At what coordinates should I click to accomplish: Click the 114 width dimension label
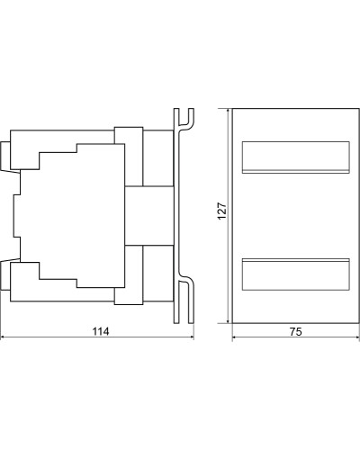point(101,331)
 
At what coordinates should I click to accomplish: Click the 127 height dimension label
point(222,211)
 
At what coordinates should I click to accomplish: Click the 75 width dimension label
point(296,332)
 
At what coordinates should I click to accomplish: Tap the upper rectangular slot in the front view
point(296,157)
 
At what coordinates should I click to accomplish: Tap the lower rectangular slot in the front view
point(296,274)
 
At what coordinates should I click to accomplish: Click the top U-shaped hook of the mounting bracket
point(184,120)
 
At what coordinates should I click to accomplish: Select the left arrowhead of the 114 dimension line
point(3,337)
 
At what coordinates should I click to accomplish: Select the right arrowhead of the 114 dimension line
point(192,337)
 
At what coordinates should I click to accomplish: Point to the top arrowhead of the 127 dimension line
point(229,112)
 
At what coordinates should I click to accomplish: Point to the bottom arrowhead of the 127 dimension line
point(229,319)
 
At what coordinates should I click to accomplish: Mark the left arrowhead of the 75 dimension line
point(235,337)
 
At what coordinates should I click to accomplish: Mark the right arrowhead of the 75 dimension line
point(356,337)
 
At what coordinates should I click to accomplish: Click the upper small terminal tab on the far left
point(5,156)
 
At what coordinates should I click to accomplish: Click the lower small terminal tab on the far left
point(5,275)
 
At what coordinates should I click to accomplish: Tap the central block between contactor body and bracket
point(149,216)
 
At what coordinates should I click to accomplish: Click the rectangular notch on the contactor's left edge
point(17,216)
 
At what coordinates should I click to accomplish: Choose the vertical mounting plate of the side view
point(176,216)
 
